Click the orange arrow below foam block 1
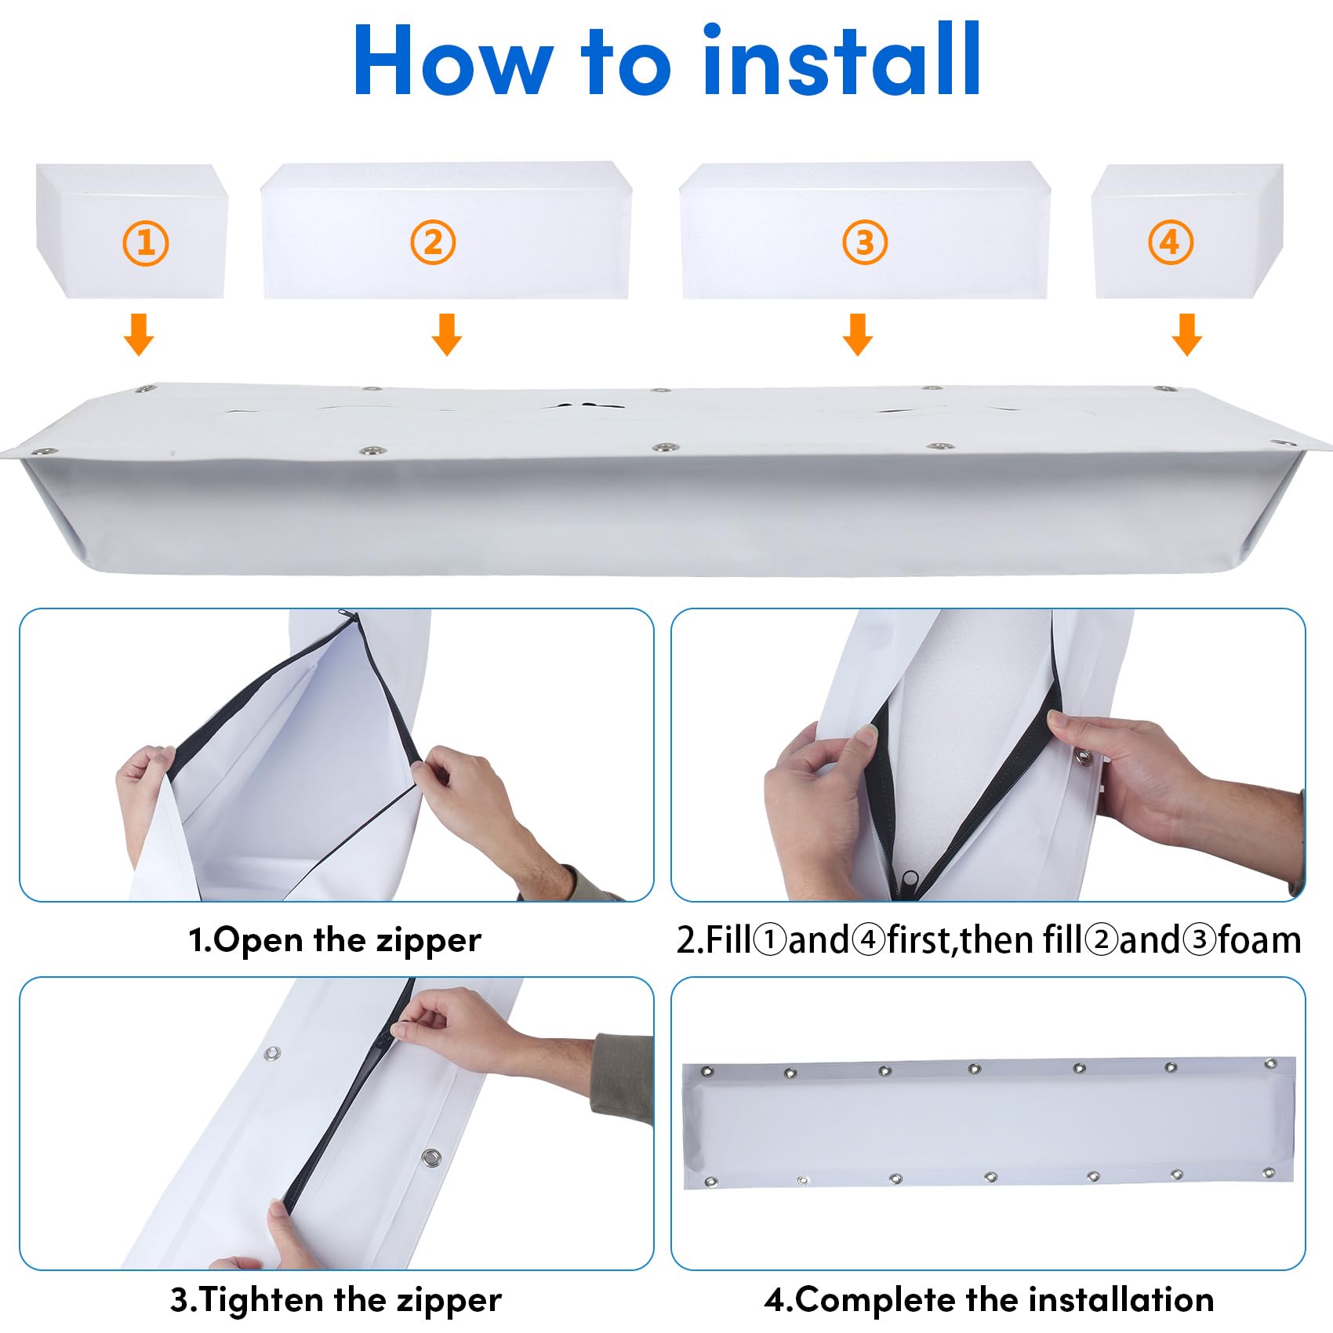click(x=139, y=335)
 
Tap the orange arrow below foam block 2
click(x=447, y=335)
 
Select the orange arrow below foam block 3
click(x=858, y=335)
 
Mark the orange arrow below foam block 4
click(x=1187, y=335)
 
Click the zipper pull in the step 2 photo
click(x=910, y=879)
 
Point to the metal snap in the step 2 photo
click(x=1084, y=757)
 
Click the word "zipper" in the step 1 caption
click(x=429, y=940)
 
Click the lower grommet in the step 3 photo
click(x=430, y=1157)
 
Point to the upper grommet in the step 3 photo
click(x=272, y=1053)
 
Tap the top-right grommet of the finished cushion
click(x=1270, y=1063)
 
